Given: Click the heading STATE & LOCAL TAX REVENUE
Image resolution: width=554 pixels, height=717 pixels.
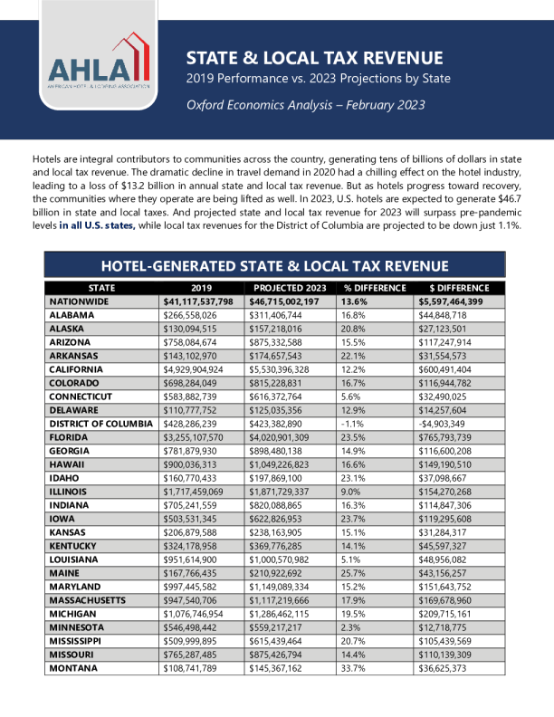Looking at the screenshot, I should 314,58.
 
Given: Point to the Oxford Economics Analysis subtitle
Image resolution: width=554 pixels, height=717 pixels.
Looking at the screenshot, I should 305,105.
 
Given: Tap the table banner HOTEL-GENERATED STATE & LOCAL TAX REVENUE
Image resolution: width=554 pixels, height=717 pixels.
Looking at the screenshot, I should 274,265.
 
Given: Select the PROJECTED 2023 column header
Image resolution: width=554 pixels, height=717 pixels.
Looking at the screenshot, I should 290,288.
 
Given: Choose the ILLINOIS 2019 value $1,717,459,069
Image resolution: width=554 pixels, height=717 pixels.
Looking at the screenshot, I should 198,492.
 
